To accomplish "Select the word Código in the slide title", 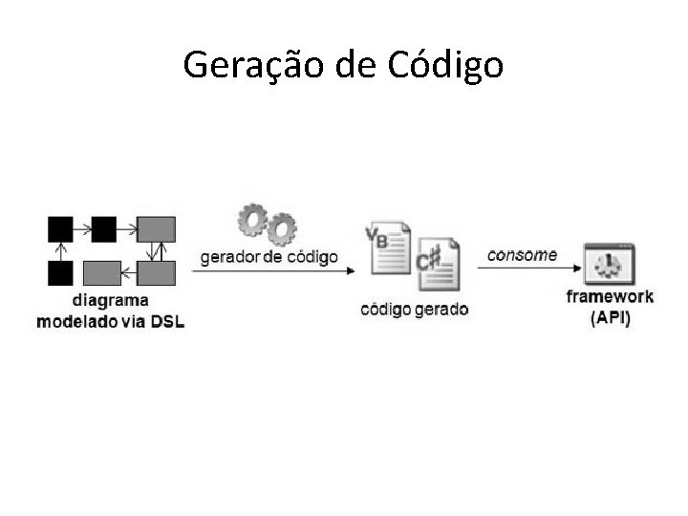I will pos(446,65).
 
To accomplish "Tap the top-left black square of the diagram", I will pos(60,228).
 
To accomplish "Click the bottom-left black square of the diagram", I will pos(60,273).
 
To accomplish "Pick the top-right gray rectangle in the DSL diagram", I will pos(156,228).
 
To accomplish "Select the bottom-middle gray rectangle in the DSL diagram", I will pos(102,273).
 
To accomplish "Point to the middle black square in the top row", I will pos(103,228).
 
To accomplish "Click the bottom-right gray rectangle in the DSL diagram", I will pos(156,273).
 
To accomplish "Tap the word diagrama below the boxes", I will pos(111,301).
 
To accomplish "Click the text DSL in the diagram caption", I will pos(167,321).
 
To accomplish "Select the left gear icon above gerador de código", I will pos(252,220).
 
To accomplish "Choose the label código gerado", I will pos(415,310).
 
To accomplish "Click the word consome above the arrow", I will pos(522,254).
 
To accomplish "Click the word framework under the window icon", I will pos(610,296).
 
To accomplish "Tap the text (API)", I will pos(610,317).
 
